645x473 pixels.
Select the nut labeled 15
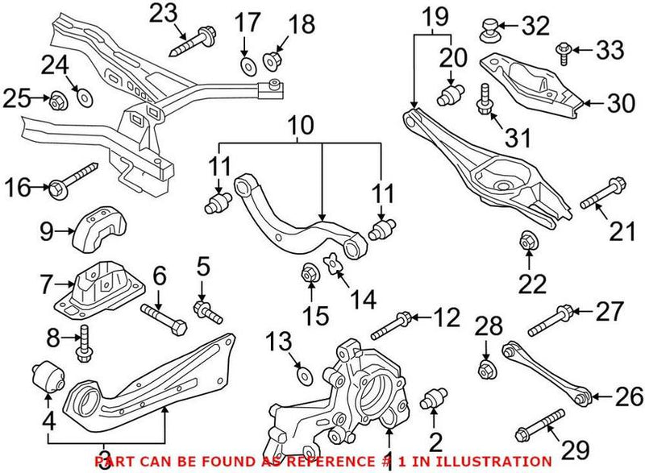click(x=309, y=272)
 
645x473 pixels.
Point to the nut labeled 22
click(x=528, y=239)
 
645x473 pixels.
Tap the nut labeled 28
click(x=487, y=370)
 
